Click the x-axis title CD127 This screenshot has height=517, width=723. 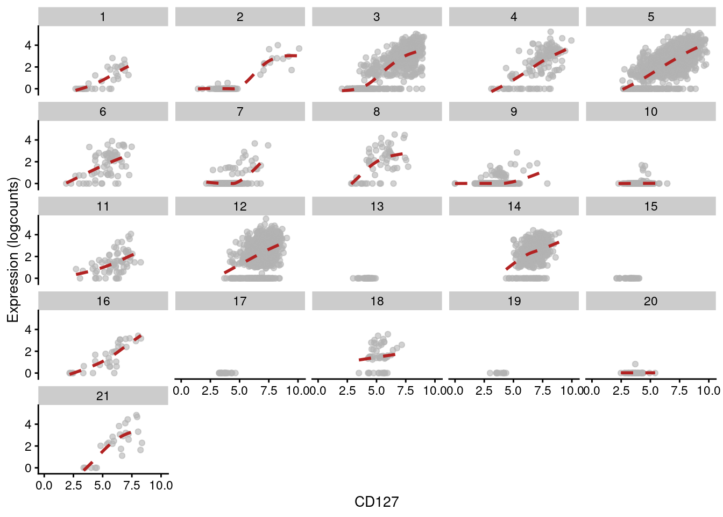(377, 502)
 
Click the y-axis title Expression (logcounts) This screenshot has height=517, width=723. (13, 250)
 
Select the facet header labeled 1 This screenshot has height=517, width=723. (103, 17)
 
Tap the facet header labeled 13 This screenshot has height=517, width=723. (377, 206)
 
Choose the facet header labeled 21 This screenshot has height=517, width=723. (103, 396)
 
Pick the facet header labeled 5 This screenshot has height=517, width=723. (650, 17)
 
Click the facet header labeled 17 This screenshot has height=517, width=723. (240, 301)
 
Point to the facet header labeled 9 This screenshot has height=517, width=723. (514, 111)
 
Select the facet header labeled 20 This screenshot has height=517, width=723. (650, 301)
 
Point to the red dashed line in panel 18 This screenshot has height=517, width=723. (377, 357)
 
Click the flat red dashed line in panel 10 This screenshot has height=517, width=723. (637, 184)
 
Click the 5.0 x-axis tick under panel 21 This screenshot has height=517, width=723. (102, 486)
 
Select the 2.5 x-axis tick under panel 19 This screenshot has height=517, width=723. (484, 391)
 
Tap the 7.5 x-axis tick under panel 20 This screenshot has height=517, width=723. (679, 391)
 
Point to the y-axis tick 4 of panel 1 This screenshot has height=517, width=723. (28, 45)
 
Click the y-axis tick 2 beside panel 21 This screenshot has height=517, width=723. (28, 446)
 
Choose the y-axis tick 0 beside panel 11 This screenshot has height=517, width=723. (28, 278)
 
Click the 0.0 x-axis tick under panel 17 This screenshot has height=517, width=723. (181, 391)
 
